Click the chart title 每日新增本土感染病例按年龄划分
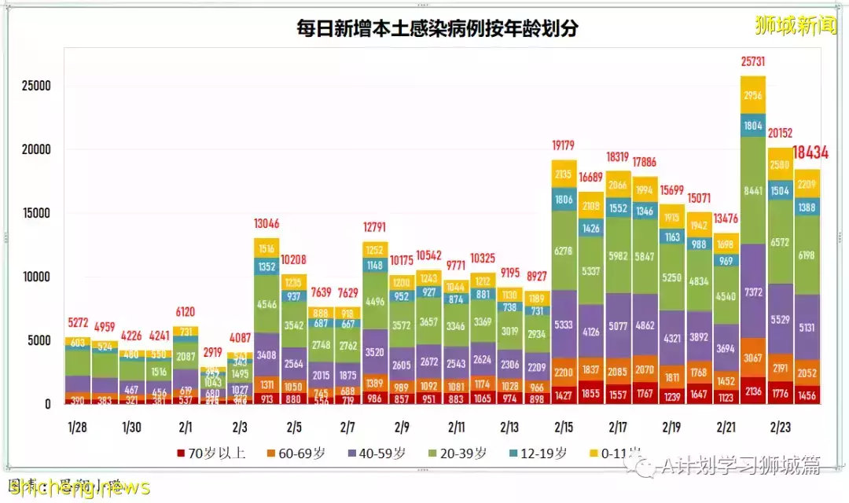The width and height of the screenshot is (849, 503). click(437, 29)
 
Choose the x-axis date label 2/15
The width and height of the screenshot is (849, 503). click(564, 428)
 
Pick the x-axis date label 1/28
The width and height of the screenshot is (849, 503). click(76, 428)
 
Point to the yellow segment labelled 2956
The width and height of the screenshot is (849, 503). click(753, 95)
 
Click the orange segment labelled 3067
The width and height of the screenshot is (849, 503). click(753, 358)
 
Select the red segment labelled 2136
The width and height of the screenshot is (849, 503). click(753, 391)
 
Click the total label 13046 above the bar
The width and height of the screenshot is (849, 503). click(266, 222)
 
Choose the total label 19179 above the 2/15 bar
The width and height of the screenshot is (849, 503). click(564, 145)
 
